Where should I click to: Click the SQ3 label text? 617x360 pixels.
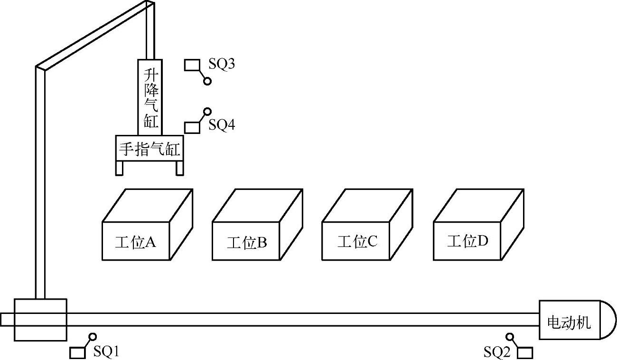[222, 64]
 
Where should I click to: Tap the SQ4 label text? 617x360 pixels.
[222, 125]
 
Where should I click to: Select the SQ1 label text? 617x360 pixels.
[106, 351]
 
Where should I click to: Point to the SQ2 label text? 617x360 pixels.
[496, 352]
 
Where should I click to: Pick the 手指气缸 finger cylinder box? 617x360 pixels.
[150, 149]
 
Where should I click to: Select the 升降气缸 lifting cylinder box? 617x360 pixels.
[150, 97]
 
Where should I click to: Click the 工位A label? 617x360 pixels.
[136, 242]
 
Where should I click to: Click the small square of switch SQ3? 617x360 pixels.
[191, 65]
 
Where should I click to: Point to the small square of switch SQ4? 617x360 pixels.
[191, 127]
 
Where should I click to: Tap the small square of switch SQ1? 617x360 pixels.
[77, 353]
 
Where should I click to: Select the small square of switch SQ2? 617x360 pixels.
[525, 353]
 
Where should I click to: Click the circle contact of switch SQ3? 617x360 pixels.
[207, 82]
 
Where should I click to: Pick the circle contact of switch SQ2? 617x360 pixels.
[510, 337]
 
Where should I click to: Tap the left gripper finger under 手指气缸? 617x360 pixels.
[120, 168]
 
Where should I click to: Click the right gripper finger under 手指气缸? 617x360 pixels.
[179, 168]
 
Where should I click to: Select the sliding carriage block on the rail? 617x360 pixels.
[40, 320]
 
